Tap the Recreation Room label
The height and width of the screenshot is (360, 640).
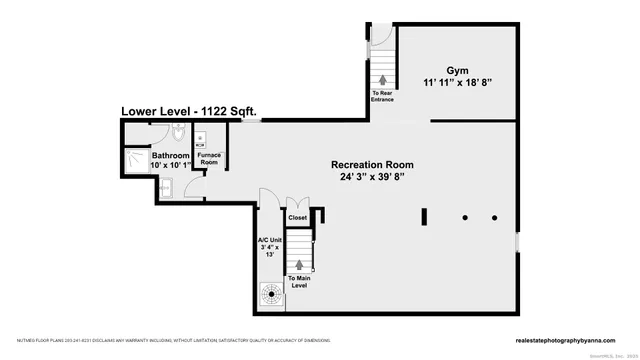tap(373, 164)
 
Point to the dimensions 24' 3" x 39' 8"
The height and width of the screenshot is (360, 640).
tap(373, 178)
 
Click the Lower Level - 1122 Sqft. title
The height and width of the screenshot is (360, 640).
tap(189, 111)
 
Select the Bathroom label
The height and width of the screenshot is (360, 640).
tap(170, 157)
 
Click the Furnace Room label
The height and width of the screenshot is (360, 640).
tap(208, 158)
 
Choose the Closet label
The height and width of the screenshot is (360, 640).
tap(298, 217)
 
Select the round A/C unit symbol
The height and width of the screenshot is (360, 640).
tap(270, 293)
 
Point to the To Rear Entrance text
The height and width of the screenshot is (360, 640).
tap(383, 97)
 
